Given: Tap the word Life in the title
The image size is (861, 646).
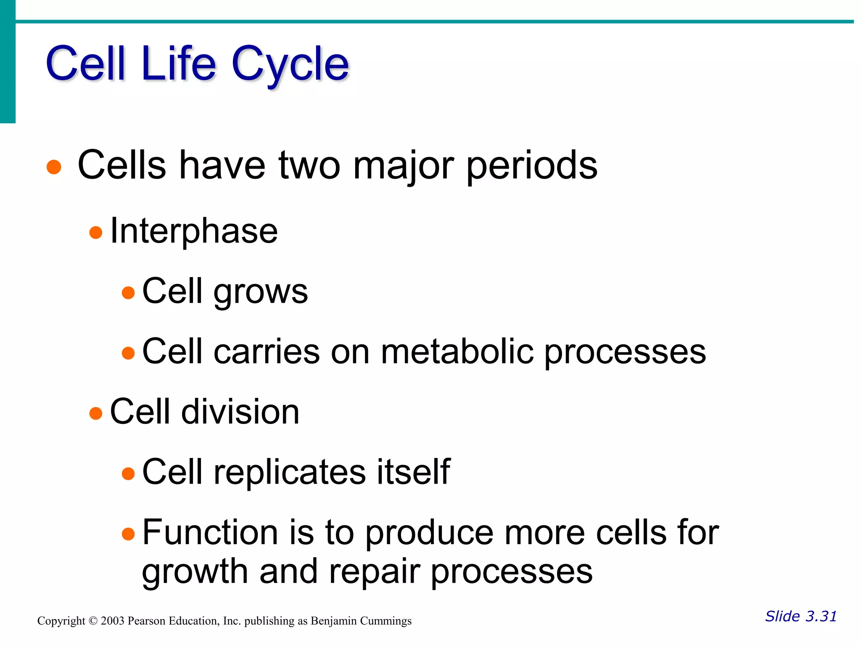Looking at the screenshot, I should (179, 64).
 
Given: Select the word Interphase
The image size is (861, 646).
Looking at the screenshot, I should (194, 231).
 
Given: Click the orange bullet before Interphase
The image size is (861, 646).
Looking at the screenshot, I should (96, 232).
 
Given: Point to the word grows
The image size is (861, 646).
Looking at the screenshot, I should (261, 292).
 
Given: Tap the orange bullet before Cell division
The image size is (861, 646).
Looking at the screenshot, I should (96, 413).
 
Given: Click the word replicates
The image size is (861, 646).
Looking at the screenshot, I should (290, 472).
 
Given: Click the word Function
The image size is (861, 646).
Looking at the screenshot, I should (210, 532).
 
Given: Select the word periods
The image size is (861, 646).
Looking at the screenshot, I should (532, 166).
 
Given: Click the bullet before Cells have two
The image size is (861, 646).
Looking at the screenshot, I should (54, 167).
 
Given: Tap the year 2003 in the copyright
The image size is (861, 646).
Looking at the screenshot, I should (113, 621).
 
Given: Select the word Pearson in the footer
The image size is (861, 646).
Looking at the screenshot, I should (147, 621).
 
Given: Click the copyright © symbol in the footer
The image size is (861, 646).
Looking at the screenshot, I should (93, 621).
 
